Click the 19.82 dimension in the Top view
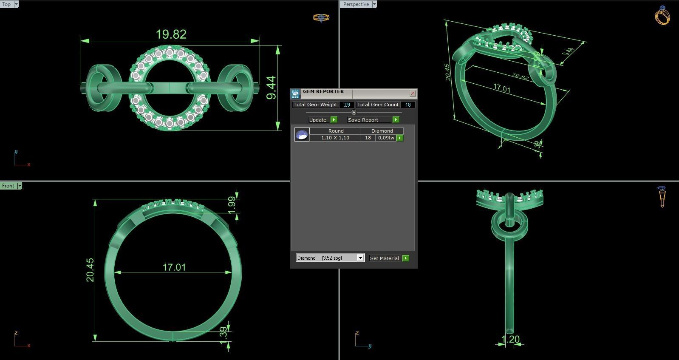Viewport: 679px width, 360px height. click(171, 34)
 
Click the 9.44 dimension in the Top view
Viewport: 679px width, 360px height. click(271, 88)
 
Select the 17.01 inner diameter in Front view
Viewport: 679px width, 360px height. click(174, 267)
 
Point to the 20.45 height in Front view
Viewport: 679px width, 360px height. click(90, 270)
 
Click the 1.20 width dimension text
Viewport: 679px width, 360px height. click(510, 339)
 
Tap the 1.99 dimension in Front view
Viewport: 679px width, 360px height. click(232, 205)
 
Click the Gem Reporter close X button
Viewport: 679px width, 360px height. click(412, 93)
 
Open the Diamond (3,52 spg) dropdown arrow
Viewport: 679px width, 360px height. click(360, 258)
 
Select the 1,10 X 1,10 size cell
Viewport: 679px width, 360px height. click(335, 138)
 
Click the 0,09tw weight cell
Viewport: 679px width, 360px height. click(386, 138)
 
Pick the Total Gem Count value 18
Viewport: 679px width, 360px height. click(407, 105)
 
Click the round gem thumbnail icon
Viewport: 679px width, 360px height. click(302, 135)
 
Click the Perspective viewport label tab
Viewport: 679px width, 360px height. click(356, 4)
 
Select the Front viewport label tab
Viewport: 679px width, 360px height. click(8, 186)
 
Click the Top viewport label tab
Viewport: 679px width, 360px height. click(6, 4)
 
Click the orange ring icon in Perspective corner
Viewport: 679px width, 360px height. click(662, 16)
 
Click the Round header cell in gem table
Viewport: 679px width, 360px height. click(336, 131)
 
